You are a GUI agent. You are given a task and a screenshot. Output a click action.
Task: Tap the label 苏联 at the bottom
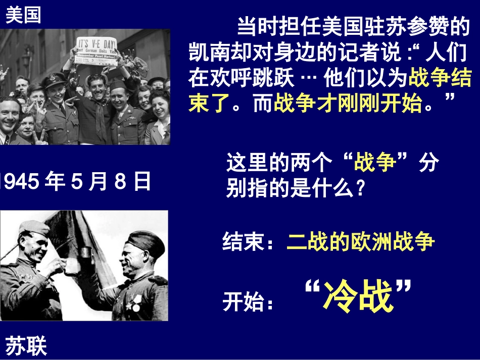[26, 346]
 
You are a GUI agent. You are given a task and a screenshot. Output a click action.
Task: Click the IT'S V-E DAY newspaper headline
[97, 44]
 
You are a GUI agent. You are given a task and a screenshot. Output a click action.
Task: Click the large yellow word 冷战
[358, 297]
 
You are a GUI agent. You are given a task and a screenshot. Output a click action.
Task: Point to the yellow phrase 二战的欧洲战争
[360, 242]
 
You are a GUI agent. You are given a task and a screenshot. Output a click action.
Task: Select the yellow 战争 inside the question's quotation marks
[375, 163]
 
